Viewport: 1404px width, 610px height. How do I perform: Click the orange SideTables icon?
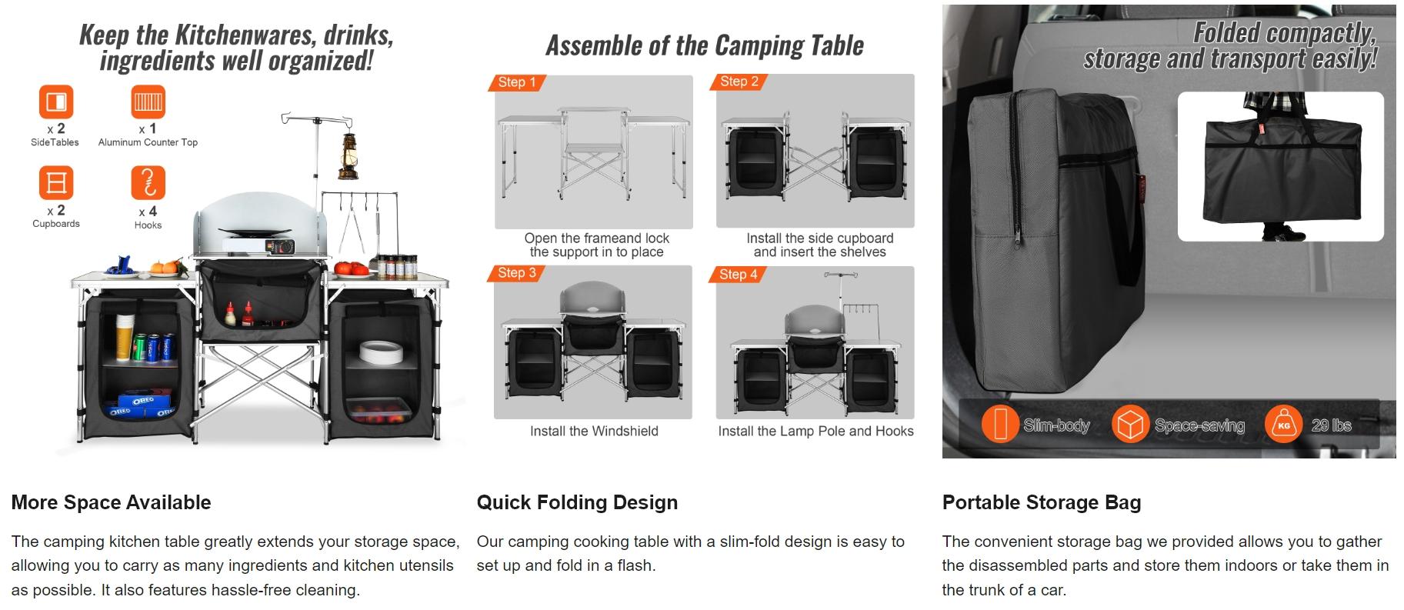click(x=55, y=102)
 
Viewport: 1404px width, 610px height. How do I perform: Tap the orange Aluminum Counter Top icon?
click(x=148, y=102)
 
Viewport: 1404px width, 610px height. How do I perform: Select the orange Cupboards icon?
click(x=55, y=183)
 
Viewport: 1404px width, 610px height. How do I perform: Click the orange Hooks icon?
click(x=148, y=183)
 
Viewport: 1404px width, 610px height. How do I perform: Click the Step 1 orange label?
click(x=516, y=82)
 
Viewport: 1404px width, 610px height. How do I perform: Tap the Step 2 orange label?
click(x=739, y=82)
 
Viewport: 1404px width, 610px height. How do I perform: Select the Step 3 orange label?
click(x=516, y=273)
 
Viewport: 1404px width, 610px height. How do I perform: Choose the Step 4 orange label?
click(x=738, y=274)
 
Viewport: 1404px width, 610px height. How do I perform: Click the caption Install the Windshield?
click(x=594, y=432)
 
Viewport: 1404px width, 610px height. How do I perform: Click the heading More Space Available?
click(x=111, y=502)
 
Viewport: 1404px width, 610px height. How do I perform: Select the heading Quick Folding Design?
click(x=577, y=502)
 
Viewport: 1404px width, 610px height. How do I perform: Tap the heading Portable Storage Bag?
click(x=1041, y=502)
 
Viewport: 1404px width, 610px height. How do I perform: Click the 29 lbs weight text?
click(x=1331, y=425)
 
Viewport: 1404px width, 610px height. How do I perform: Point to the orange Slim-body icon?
click(x=999, y=424)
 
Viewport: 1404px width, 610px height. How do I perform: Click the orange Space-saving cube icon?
click(x=1130, y=424)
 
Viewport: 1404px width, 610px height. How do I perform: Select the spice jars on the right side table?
click(x=396, y=266)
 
